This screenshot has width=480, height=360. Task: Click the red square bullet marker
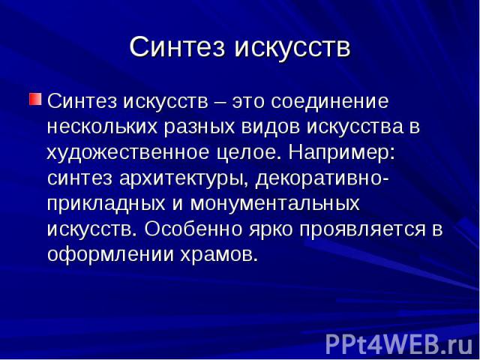[x=35, y=99]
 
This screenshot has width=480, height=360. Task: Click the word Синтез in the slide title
[x=177, y=47]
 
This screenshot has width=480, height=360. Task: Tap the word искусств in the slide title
[x=292, y=47]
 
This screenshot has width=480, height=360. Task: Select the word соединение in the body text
[x=329, y=102]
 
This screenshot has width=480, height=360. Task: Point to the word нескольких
[x=103, y=127]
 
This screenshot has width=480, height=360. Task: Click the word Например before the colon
[x=339, y=154]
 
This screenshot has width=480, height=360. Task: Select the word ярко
[x=271, y=229]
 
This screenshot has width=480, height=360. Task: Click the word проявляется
[x=362, y=230]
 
